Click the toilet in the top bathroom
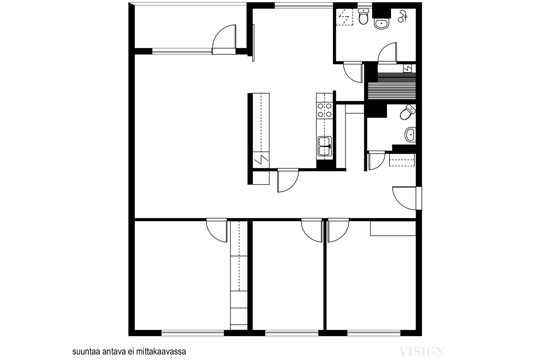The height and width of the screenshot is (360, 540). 363,17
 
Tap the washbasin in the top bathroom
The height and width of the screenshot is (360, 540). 382,24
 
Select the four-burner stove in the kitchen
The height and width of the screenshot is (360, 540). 325,110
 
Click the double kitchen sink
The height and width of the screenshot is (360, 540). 325,146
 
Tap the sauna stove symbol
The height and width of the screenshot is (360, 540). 407,68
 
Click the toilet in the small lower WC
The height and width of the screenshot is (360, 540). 408,112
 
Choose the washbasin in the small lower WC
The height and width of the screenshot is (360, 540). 410,135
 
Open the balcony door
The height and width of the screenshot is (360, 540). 224,40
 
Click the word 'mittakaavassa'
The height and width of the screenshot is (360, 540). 161,352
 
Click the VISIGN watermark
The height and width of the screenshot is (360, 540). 422,352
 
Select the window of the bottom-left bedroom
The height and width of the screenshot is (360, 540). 193,333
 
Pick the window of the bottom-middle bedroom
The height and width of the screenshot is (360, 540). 292,333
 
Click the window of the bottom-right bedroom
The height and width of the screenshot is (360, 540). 374,333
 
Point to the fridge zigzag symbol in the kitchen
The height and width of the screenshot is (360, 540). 261,160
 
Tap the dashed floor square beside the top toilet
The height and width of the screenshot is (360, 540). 345,17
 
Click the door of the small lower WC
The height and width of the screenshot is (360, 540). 377,160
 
